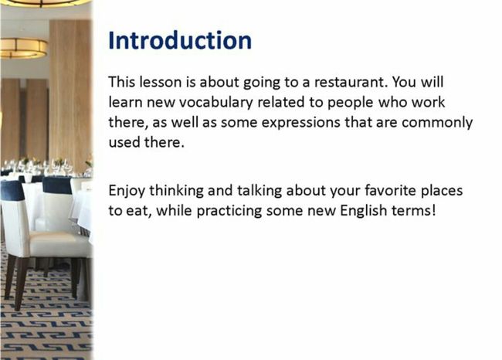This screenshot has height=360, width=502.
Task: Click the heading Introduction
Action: pyautogui.click(x=180, y=40)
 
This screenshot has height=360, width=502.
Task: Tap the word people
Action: pyautogui.click(x=351, y=103)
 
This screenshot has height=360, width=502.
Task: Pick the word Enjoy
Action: pyautogui.click(x=127, y=191)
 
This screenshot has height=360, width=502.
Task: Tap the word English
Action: pyautogui.click(x=364, y=210)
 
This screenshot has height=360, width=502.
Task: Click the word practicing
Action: pyautogui.click(x=229, y=211)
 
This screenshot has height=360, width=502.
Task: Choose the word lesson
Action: pyautogui.click(x=161, y=82)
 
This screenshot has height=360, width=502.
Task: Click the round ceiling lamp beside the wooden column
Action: pyautogui.click(x=23, y=48)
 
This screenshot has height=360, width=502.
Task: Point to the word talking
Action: pyautogui.click(x=259, y=191)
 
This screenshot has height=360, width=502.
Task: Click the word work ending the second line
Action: pyautogui.click(x=428, y=102)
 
